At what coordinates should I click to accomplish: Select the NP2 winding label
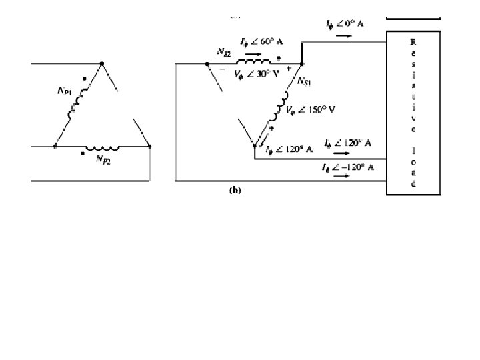point(104,160)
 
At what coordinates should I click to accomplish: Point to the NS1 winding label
point(304,83)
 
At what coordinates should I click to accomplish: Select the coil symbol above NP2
point(101,147)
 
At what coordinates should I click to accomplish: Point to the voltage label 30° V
point(257,75)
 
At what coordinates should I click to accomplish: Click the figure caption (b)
point(235,190)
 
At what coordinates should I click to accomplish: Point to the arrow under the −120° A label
point(341,177)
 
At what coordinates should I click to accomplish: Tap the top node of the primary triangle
point(101,65)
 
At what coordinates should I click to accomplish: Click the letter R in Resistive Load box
point(413,41)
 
